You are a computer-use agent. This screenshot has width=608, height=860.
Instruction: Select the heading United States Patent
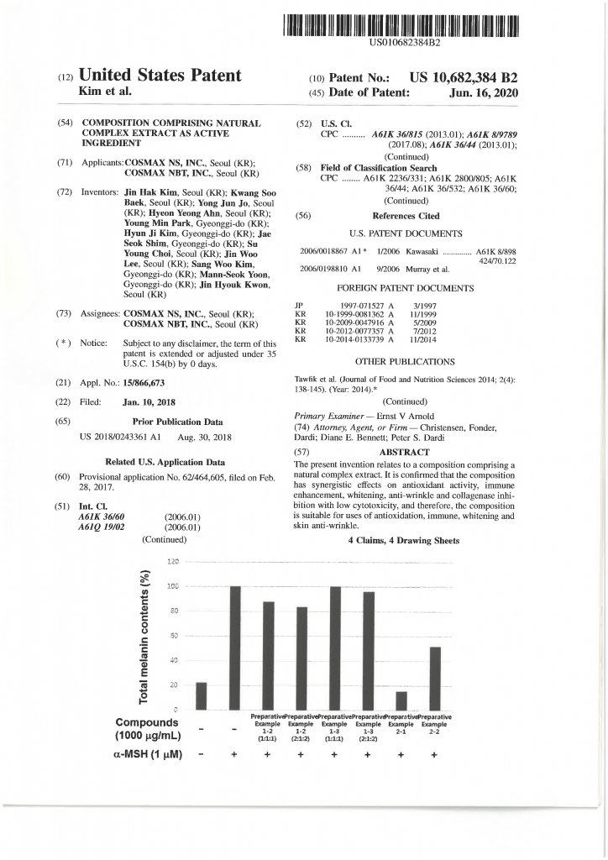160,76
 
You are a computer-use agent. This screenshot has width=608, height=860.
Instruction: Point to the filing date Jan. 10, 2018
149,402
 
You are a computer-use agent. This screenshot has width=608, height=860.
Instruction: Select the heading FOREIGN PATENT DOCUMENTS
405,288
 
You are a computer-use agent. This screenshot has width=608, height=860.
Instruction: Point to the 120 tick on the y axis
175,562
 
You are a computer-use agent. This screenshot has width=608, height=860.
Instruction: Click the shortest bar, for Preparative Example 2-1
401,700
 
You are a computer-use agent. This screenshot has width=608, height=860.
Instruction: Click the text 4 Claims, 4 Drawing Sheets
404,541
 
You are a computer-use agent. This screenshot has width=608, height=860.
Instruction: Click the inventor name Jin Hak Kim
152,191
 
